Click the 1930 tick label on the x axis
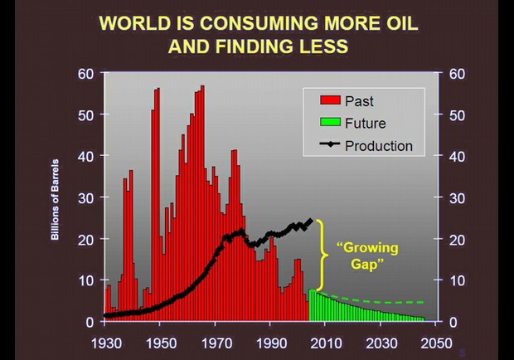[106, 343]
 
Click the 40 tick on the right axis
[457, 156]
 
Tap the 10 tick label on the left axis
[87, 280]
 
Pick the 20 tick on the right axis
[457, 239]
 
